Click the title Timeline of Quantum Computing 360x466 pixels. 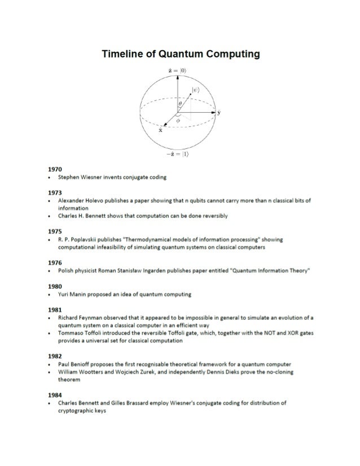pyautogui.click(x=181, y=54)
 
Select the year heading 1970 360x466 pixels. pyautogui.click(x=55, y=169)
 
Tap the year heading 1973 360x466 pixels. pyautogui.click(x=55, y=192)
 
